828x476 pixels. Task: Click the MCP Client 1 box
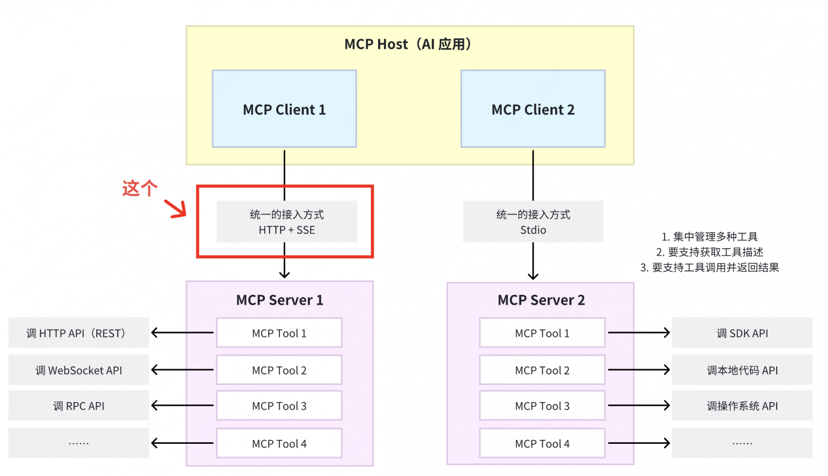[284, 109]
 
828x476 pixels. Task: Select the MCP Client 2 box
[533, 109]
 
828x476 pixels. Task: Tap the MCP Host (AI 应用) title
[408, 44]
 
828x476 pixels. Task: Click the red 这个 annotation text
[139, 188]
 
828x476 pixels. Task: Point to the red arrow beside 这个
[175, 209]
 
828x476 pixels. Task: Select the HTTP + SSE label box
[287, 221]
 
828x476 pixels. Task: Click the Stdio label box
[533, 221]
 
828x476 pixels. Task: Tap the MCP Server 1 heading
[279, 300]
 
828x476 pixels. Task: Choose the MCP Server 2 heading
[541, 300]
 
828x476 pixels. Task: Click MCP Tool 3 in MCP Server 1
[279, 406]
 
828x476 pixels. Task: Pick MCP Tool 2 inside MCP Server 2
[542, 370]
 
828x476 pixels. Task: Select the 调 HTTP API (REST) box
[79, 333]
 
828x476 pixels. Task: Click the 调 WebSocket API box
[79, 370]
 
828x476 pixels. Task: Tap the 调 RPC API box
[79, 406]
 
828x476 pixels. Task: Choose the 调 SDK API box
[742, 333]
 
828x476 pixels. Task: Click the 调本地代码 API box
[742, 370]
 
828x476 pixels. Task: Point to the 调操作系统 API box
[742, 406]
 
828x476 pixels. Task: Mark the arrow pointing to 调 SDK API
[639, 333]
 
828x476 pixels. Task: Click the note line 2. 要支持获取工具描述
[709, 252]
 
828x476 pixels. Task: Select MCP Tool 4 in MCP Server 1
[279, 444]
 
